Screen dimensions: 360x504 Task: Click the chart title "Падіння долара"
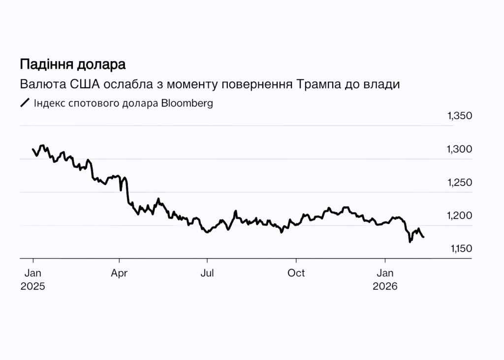[x=72, y=65]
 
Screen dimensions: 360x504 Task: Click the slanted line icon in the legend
[x=25, y=103]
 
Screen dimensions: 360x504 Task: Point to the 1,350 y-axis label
[x=460, y=116]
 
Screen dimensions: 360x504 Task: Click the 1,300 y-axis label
[x=460, y=149]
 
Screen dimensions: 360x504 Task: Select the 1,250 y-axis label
[x=460, y=183]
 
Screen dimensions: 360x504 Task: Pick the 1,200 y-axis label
[x=460, y=216]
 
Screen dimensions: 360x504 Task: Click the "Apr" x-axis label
[x=119, y=273]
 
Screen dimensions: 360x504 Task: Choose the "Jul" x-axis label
[x=207, y=273]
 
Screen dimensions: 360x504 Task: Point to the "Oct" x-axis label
[x=296, y=273]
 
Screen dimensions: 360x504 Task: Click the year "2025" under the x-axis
[x=32, y=286]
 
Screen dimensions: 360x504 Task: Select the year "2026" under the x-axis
[x=384, y=286]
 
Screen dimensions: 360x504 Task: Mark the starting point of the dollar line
[x=33, y=149]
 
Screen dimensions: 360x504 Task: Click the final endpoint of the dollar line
[x=424, y=237]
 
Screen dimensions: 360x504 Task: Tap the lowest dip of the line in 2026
[x=410, y=242]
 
